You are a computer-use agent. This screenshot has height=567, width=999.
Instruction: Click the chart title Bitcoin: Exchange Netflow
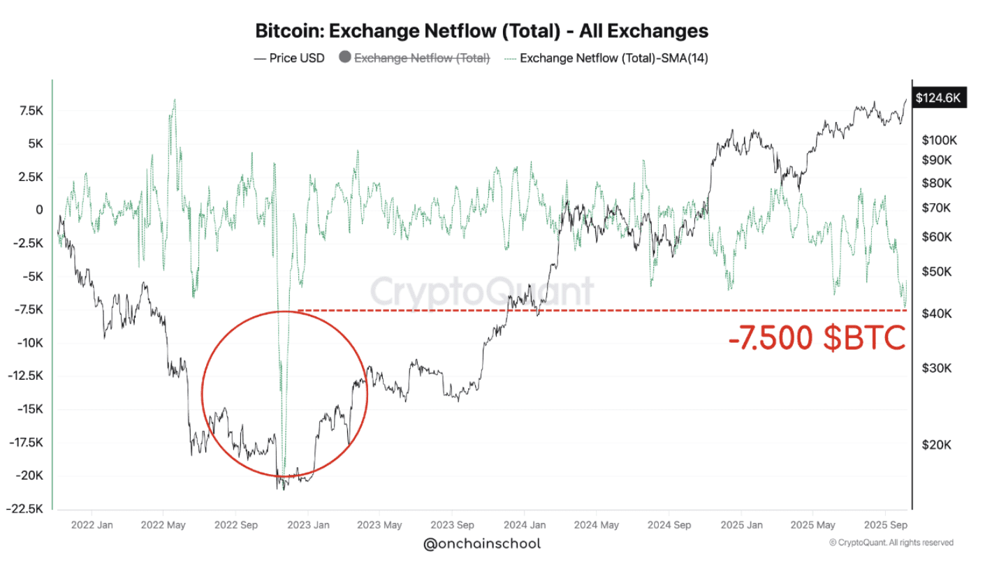click(481, 31)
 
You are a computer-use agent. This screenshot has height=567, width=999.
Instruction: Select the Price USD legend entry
click(289, 58)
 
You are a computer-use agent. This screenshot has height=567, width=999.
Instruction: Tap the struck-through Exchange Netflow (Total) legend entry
click(422, 58)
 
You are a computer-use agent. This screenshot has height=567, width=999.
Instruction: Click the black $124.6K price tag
click(938, 98)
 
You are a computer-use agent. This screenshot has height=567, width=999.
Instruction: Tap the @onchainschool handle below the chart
click(482, 543)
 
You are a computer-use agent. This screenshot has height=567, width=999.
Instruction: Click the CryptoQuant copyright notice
click(891, 543)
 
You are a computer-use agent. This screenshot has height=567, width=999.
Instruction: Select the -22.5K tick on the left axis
click(27, 508)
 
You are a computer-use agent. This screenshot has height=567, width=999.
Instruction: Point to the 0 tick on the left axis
click(39, 209)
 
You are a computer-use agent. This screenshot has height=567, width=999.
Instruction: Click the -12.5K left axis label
click(27, 376)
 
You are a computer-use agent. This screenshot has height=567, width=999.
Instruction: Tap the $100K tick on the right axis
click(939, 140)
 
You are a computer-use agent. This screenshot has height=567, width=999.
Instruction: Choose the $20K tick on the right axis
click(936, 445)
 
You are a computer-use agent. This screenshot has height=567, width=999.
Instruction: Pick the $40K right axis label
click(936, 314)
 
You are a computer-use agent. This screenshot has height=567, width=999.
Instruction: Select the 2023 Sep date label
click(451, 524)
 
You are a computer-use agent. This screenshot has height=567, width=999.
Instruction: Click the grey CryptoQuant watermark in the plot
click(481, 291)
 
